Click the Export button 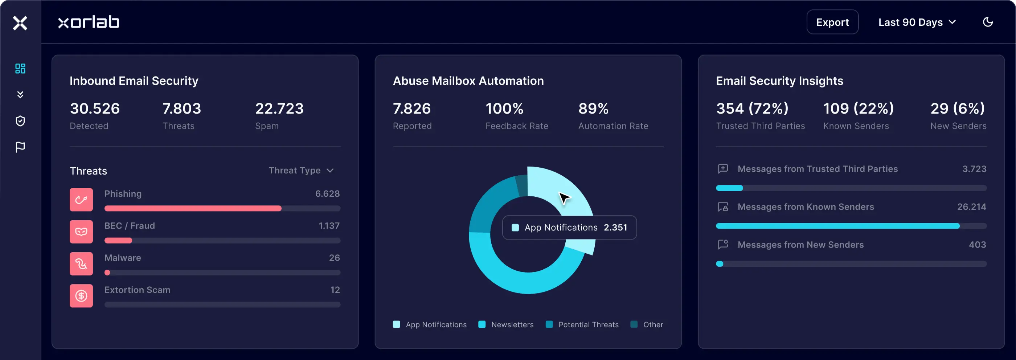click(x=832, y=22)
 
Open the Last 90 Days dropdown click(x=917, y=22)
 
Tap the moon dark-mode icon click(x=988, y=22)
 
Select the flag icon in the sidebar click(x=20, y=147)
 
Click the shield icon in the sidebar click(x=20, y=120)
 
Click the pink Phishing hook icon click(x=81, y=200)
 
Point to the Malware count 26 click(x=334, y=258)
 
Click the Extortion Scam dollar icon click(x=81, y=296)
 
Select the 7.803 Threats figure click(x=181, y=109)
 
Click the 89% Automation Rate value click(x=593, y=109)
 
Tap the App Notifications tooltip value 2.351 click(x=615, y=228)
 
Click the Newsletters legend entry click(x=506, y=324)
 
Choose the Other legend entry click(x=647, y=324)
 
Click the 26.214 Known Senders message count click(x=971, y=206)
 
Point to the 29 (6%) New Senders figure click(x=957, y=109)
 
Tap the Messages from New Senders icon click(x=722, y=245)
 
